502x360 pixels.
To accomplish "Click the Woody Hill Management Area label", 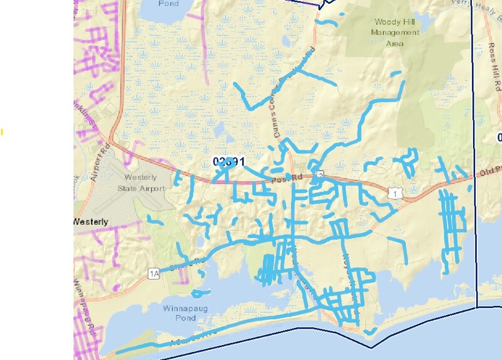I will point(394,33).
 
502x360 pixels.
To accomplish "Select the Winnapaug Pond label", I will point(179,313).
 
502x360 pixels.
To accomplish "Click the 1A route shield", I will point(154,273).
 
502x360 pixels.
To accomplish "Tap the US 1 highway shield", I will point(395,194).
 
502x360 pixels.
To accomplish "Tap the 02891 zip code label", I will point(228,161).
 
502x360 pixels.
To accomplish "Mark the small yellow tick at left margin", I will point(2,132).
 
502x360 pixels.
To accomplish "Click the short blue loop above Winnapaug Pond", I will point(200,292).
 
